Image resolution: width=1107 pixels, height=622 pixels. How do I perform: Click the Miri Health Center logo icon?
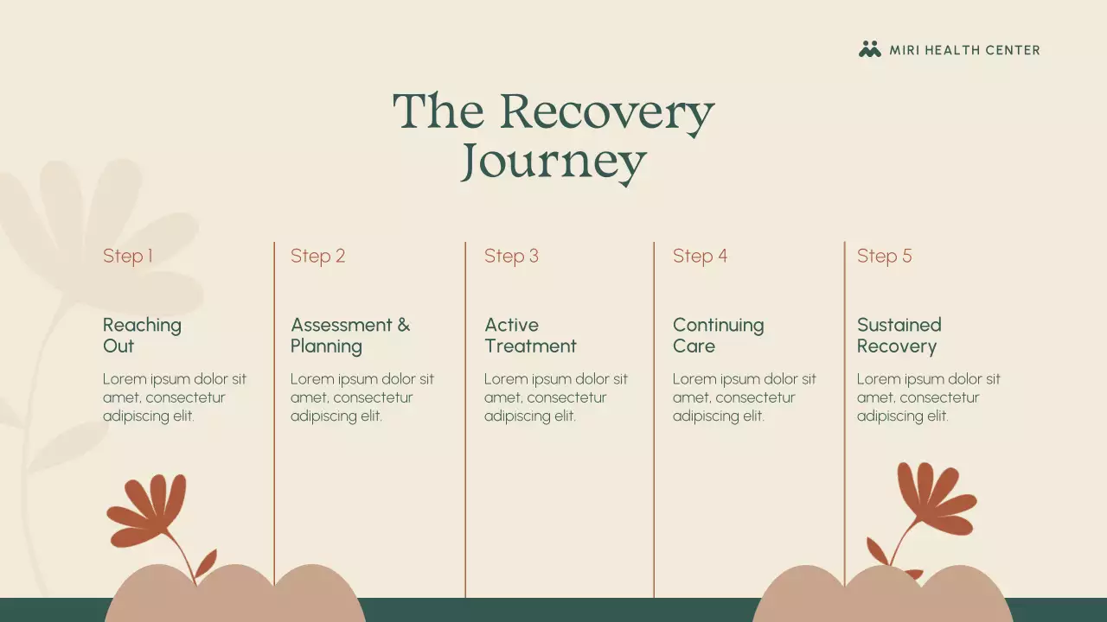point(869,49)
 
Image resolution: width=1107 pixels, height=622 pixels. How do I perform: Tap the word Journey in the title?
point(553,162)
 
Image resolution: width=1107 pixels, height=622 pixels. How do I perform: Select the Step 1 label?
point(128,256)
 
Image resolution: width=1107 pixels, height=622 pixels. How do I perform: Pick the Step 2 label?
point(317,256)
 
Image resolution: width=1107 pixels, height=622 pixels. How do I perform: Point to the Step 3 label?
point(511,256)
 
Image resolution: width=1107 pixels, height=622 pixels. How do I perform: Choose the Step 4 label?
point(700,256)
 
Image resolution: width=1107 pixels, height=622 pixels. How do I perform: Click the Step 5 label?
point(884,256)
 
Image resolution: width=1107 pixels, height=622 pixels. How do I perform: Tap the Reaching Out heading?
point(142,335)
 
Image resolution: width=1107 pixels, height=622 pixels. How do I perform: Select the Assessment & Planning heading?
point(349,335)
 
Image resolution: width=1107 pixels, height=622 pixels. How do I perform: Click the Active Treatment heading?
point(529,335)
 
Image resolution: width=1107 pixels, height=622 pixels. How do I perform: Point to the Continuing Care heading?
point(718,335)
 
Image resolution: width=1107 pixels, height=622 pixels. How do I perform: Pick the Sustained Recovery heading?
point(899,335)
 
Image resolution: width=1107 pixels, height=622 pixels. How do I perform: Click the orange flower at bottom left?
point(149,510)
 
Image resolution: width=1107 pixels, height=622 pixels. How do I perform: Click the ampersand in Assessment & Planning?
point(403,326)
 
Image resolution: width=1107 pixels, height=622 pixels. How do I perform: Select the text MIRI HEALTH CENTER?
point(964,50)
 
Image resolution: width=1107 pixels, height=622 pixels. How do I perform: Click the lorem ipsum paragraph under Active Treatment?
point(555,397)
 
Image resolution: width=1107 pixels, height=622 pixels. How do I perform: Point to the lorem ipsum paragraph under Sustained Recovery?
point(928,397)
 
